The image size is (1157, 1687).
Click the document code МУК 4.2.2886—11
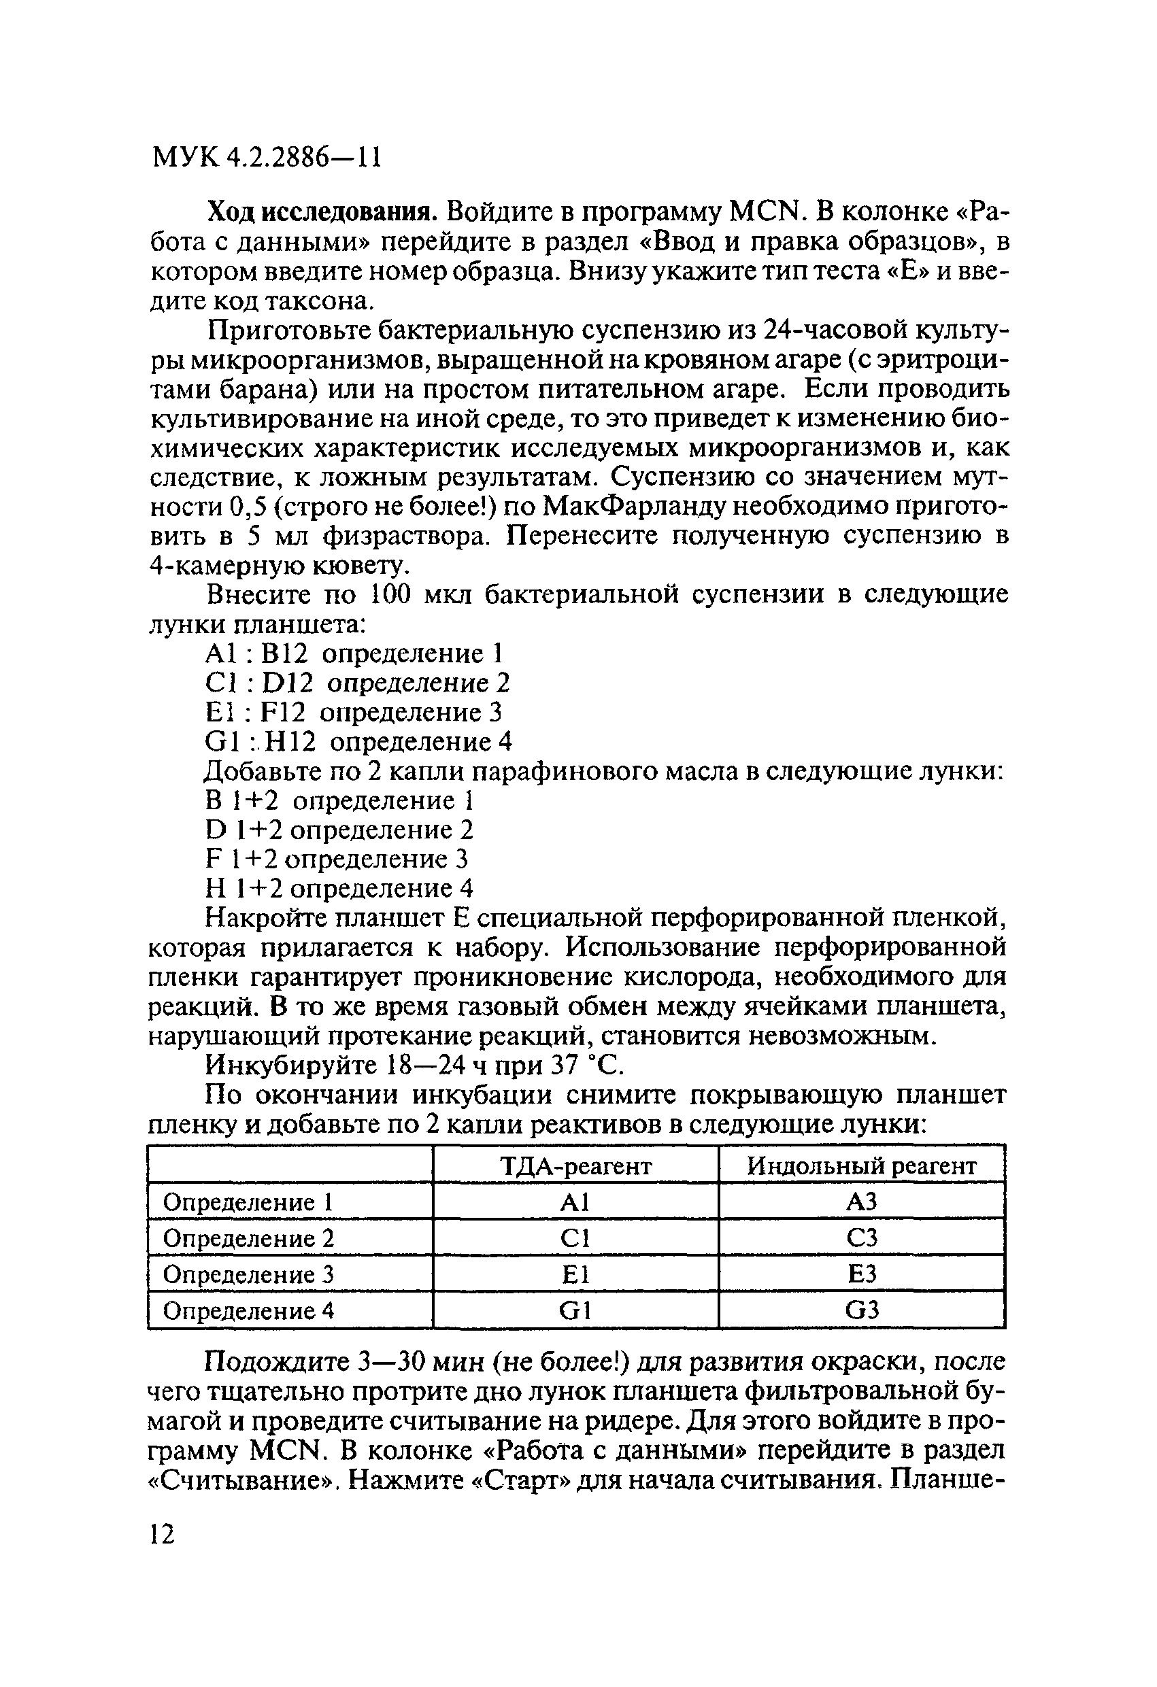coord(267,157)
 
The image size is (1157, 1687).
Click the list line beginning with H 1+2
coord(340,889)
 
